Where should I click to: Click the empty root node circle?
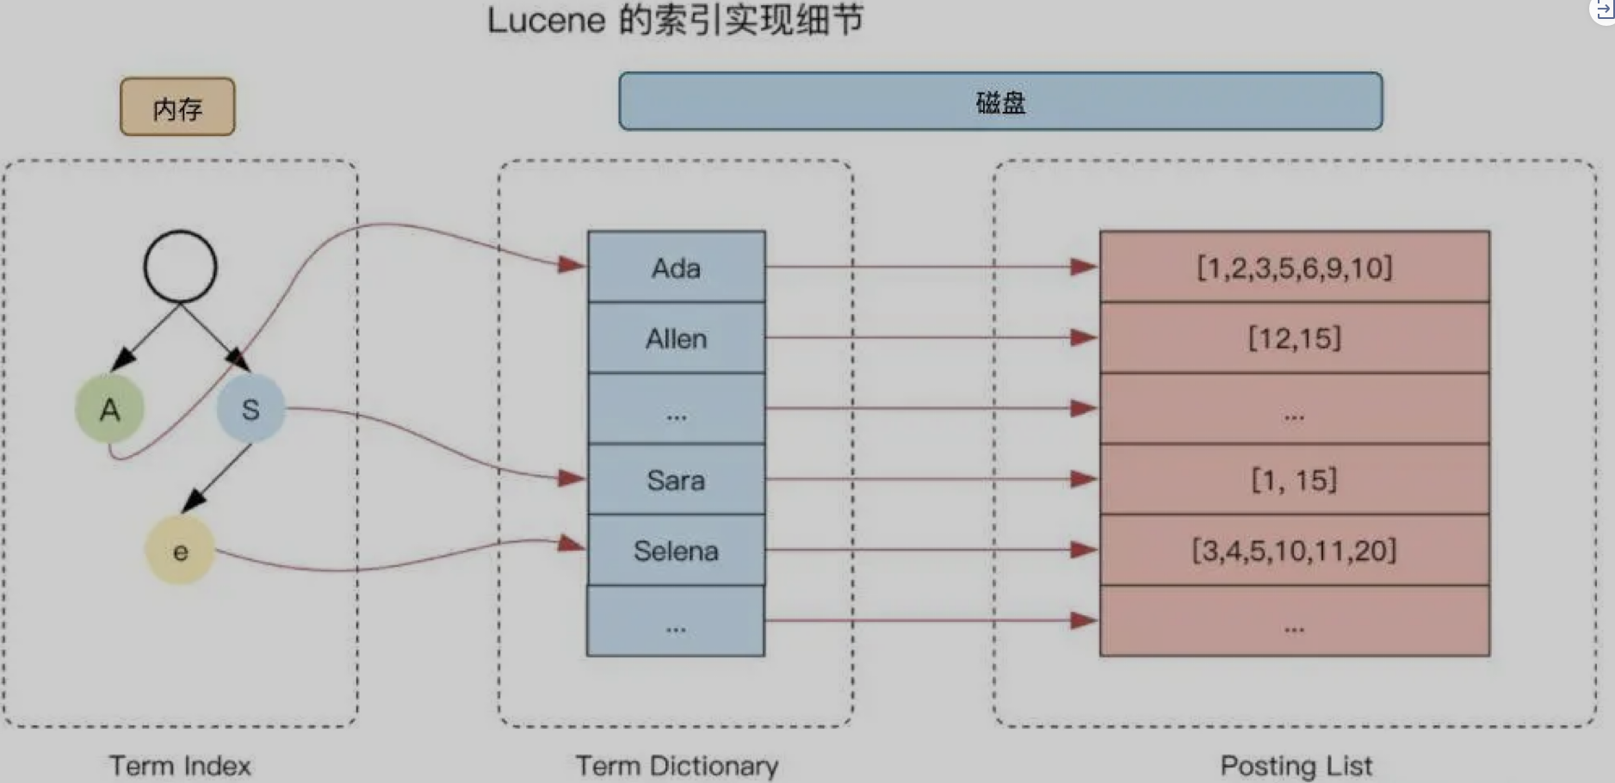(x=180, y=267)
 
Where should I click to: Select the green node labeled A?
(x=109, y=409)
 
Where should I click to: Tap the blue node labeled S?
(x=251, y=409)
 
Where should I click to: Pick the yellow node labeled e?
(x=180, y=551)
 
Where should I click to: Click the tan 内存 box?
(x=177, y=107)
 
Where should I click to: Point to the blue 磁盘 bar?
(x=1000, y=102)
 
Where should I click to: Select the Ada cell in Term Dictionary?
(x=676, y=268)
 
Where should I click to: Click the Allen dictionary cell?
(x=676, y=338)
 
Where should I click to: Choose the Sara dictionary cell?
(x=676, y=479)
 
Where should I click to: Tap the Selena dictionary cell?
(x=676, y=550)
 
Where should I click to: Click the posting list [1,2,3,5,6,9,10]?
(x=1294, y=268)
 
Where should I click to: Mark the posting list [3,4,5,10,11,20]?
(x=1294, y=550)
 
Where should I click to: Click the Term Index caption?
(x=180, y=765)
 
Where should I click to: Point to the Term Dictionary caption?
(x=677, y=765)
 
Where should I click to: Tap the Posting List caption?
(x=1296, y=765)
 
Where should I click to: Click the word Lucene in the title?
(x=547, y=21)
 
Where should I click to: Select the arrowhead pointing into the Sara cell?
(x=572, y=478)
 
